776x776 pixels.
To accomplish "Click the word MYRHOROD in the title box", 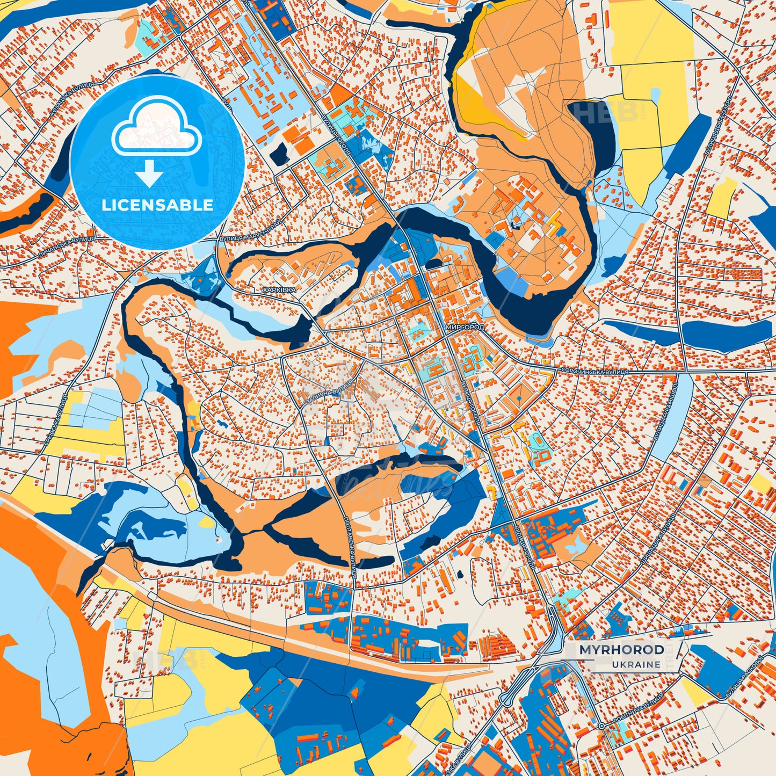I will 621,650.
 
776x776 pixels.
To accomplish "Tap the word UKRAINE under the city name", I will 636,664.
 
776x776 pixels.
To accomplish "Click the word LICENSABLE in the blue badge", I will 157,205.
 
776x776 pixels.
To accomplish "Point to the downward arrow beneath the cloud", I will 149,175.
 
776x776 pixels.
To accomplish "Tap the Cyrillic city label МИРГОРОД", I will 465,327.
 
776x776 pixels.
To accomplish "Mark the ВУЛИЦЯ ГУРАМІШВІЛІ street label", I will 665,412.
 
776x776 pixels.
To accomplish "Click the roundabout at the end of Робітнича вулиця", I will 602,726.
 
